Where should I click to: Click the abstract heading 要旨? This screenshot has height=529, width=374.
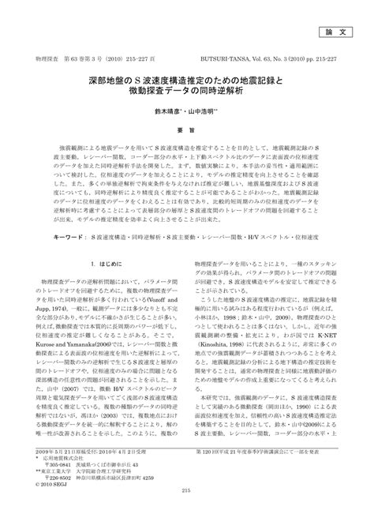(187, 129)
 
